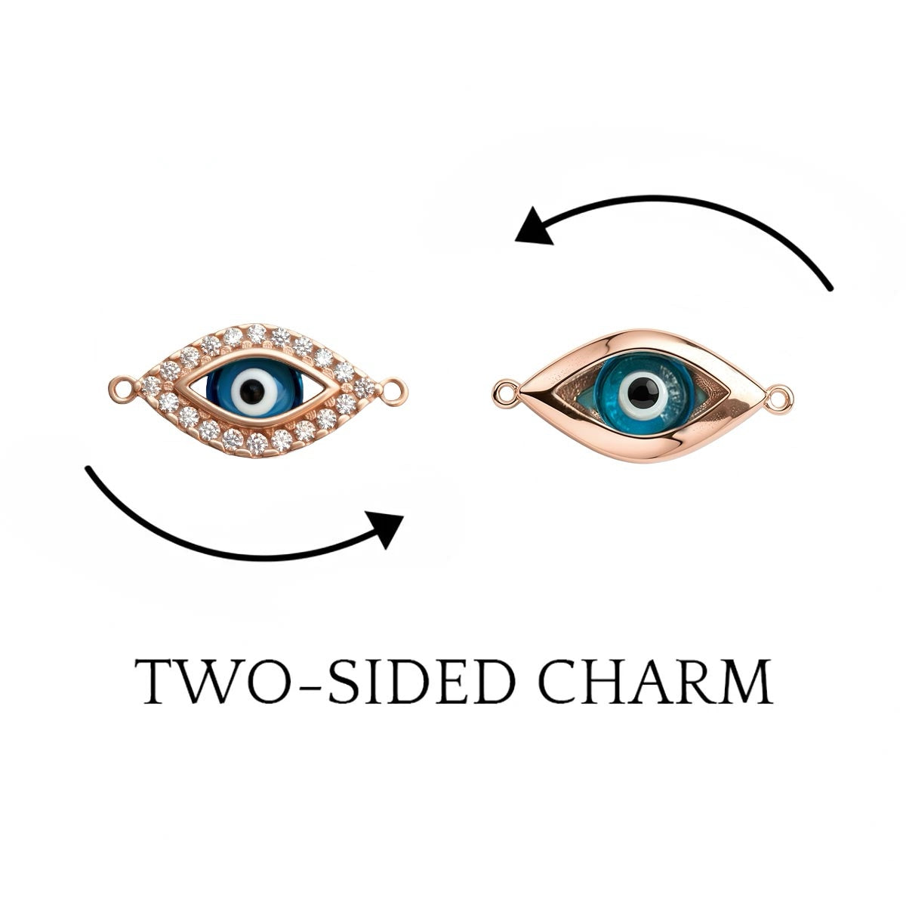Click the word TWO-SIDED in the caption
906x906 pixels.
point(327,681)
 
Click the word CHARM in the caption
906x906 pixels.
point(656,681)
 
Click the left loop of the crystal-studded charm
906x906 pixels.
point(122,390)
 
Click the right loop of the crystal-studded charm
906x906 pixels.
point(394,391)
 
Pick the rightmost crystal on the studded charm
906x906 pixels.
point(365,387)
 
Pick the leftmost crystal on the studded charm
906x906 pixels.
point(152,386)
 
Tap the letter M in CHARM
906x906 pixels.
point(746,682)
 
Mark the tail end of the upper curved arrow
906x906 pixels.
point(830,288)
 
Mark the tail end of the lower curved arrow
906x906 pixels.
point(88,468)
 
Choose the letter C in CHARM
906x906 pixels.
point(558,682)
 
